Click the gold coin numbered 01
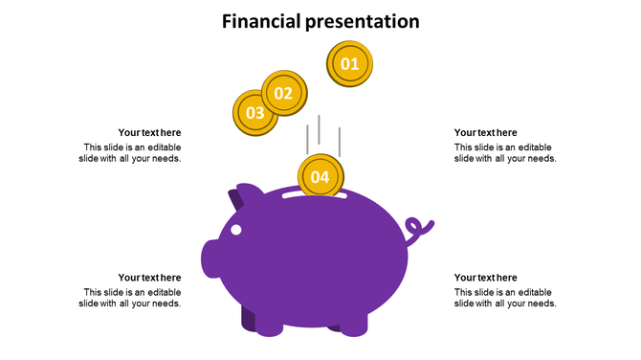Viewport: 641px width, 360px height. pos(349,65)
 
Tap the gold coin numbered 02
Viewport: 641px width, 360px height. pos(283,93)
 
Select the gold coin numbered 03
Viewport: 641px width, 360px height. pos(254,113)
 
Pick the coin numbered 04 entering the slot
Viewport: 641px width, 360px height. pos(320,177)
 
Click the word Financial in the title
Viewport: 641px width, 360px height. pos(261,21)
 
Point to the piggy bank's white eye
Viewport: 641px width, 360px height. pos(236,230)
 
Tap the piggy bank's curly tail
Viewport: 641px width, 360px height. pos(417,230)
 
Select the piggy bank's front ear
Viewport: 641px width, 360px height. pos(248,193)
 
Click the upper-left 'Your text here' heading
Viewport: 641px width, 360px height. pos(149,133)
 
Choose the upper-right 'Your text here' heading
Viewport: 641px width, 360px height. pos(485,133)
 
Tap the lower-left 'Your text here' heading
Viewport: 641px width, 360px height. pos(149,278)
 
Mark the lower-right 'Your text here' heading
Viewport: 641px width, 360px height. pos(485,278)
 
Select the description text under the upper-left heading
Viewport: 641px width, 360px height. pos(131,153)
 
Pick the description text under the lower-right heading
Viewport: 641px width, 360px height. pos(504,298)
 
